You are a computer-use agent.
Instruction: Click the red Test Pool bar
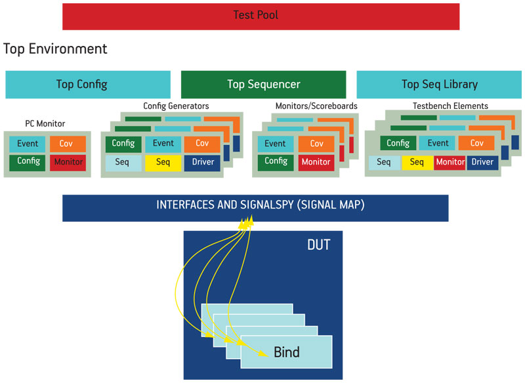261,16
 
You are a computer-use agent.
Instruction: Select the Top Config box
88,85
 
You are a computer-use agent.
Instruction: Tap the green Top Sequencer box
264,85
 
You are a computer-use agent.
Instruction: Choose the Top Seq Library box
439,85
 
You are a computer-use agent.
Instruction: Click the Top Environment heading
55,49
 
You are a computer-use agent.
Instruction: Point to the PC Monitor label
45,123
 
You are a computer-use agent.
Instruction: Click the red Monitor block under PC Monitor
68,163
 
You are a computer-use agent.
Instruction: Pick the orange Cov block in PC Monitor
68,144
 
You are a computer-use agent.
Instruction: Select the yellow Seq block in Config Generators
163,163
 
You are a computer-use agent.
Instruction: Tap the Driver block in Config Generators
202,163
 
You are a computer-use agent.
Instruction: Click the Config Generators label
176,106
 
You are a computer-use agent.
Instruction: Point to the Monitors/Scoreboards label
316,106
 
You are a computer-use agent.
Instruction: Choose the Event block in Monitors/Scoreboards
276,144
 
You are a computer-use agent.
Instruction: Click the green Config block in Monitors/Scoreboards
276,163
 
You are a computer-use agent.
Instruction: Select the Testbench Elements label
450,106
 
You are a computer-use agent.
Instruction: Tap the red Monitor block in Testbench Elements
450,163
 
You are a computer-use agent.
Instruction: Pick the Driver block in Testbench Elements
482,163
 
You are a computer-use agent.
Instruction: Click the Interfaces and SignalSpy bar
255,208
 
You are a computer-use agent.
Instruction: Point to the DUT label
319,245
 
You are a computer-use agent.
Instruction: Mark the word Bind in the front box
287,352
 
